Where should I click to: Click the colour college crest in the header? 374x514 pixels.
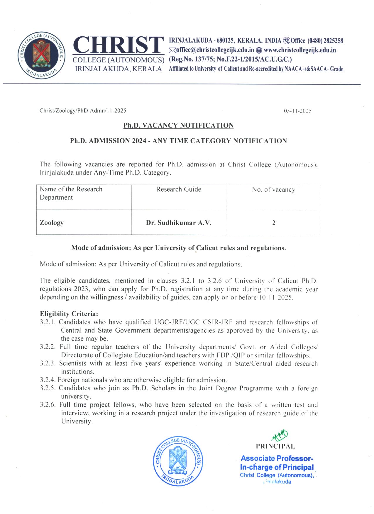[41, 56]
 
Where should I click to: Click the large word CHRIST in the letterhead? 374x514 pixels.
[118, 45]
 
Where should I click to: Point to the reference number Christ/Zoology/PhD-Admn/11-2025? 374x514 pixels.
[83, 111]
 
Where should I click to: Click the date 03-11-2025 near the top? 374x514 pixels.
[297, 111]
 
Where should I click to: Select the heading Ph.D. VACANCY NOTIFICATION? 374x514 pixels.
[178, 125]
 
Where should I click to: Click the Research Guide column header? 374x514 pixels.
[178, 189]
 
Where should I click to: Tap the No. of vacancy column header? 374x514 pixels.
[273, 190]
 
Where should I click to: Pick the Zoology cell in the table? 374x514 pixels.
[52, 223]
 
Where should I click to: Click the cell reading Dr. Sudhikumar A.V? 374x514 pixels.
[179, 223]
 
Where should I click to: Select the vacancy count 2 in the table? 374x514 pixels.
[274, 223]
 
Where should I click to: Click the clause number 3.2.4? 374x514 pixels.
[48, 380]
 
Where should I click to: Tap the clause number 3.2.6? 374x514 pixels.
[48, 405]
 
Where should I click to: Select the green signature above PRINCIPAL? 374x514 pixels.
[280, 435]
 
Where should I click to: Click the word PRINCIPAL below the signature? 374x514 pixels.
[275, 447]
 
